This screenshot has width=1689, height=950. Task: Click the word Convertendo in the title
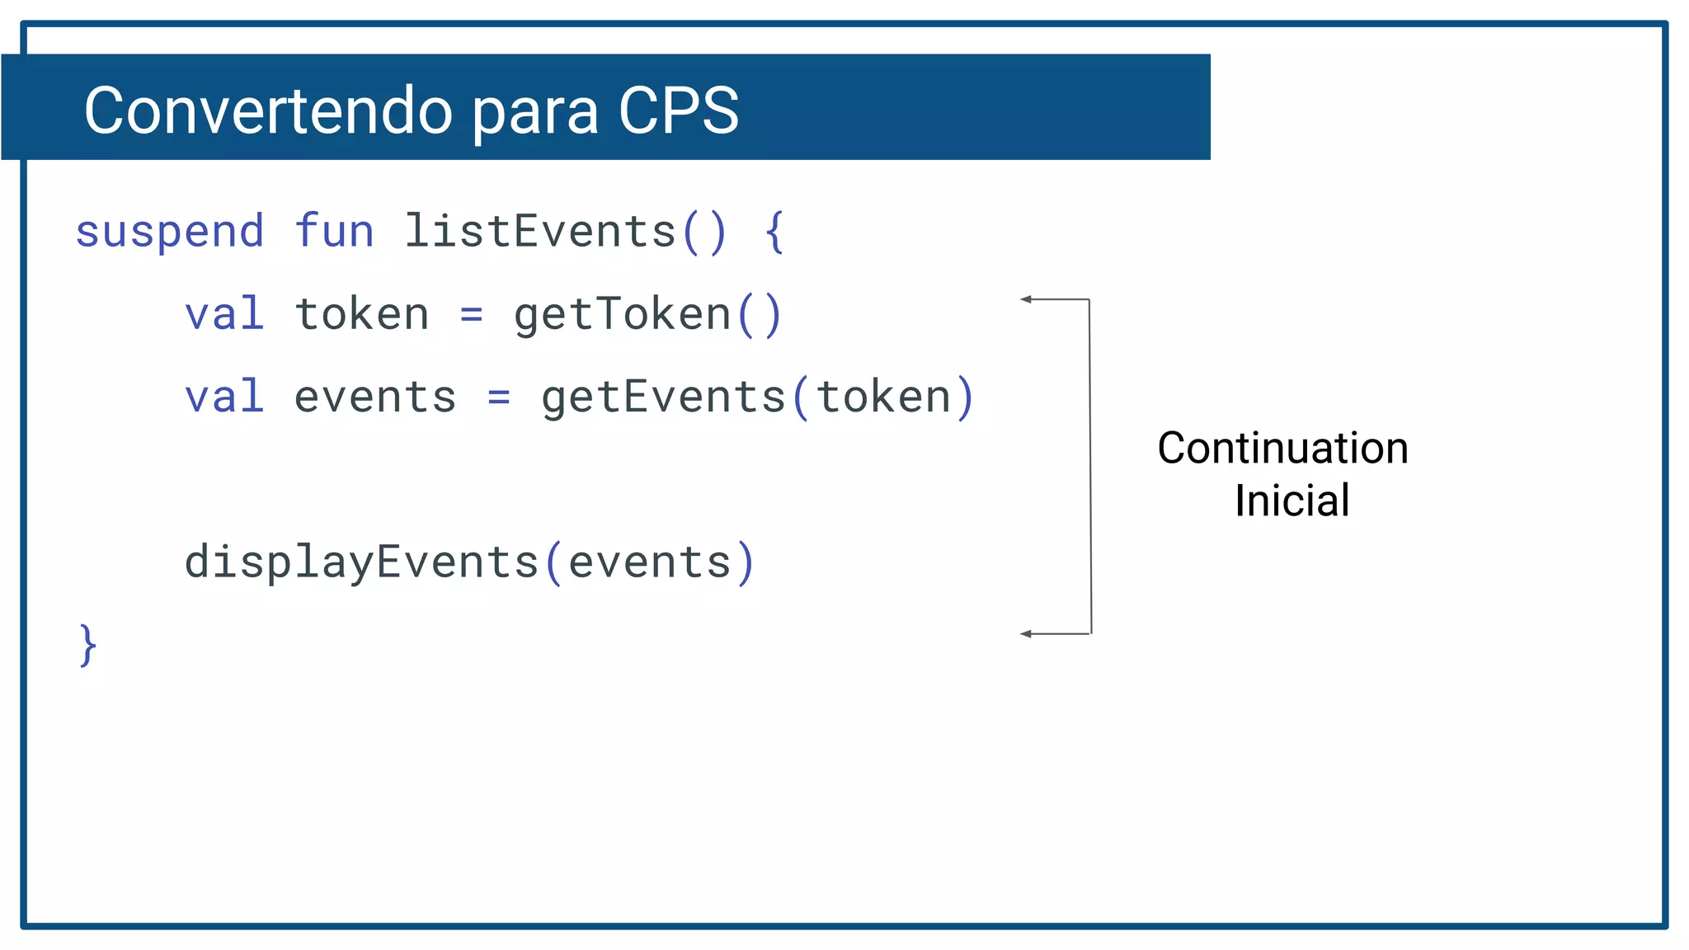click(x=268, y=111)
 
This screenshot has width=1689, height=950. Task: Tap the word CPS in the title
click(x=678, y=111)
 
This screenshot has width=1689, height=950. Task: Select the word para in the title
click(x=535, y=112)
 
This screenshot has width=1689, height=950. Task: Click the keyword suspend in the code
click(x=170, y=232)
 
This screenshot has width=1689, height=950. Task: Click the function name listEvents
click(x=540, y=231)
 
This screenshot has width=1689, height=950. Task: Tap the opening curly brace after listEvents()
click(x=774, y=232)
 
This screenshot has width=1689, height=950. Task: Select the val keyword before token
click(x=224, y=314)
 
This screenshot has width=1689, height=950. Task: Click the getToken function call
click(x=623, y=315)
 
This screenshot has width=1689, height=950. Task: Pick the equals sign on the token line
click(x=471, y=315)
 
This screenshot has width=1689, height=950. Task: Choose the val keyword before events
click(x=224, y=397)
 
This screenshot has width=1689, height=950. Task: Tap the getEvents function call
click(x=664, y=397)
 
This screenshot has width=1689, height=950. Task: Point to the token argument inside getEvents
click(x=883, y=397)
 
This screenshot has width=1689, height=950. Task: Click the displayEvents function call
click(x=361, y=562)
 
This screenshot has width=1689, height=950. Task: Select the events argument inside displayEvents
click(x=650, y=563)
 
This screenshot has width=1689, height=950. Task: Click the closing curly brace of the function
click(x=87, y=645)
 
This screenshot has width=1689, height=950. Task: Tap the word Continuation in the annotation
click(x=1282, y=449)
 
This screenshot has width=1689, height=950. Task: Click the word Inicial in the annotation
click(x=1291, y=501)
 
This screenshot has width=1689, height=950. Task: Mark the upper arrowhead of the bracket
click(x=1026, y=299)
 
